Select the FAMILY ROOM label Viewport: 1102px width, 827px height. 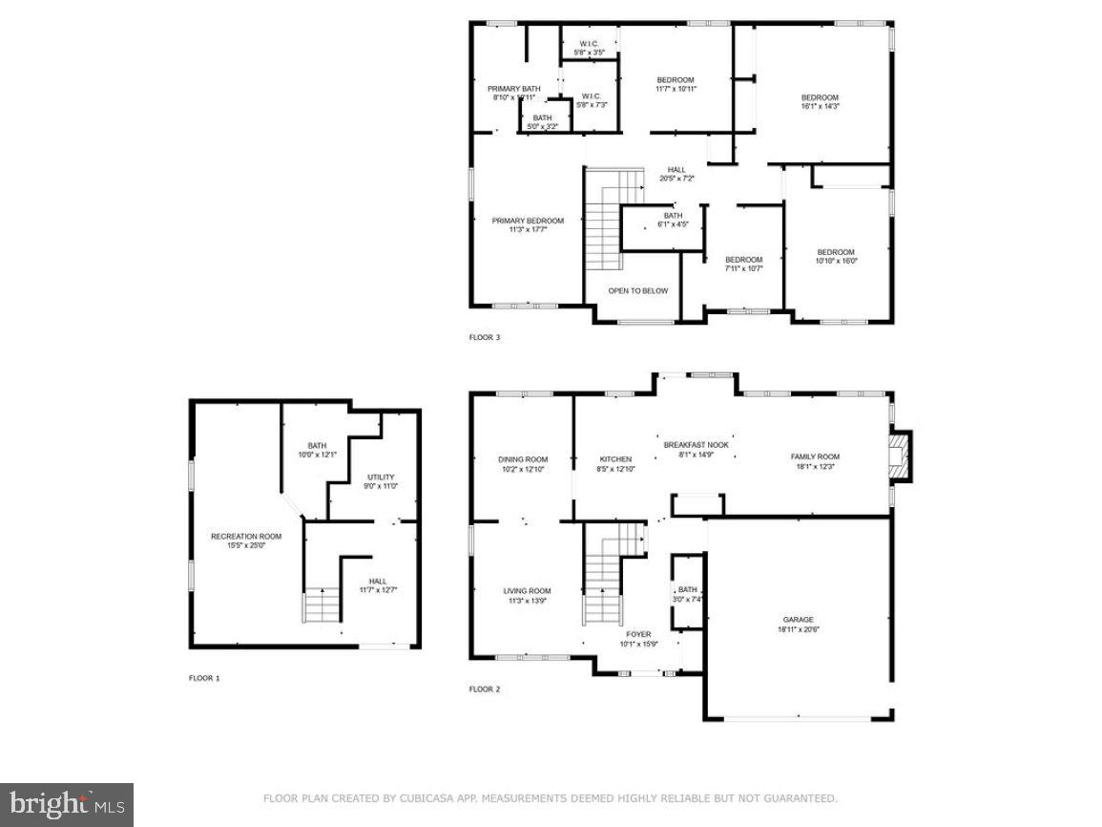point(815,456)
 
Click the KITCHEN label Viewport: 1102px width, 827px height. point(615,459)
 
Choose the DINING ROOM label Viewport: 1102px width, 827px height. point(523,459)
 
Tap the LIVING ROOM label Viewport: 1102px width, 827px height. point(528,591)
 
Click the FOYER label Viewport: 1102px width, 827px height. point(638,634)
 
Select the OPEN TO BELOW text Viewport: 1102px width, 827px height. point(638,290)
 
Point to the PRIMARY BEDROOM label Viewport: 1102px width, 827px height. point(528,221)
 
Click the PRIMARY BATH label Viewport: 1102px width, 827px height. point(514,88)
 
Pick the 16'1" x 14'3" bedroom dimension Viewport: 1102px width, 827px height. point(820,107)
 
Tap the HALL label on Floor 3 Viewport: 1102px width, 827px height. point(676,169)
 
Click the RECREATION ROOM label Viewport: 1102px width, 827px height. point(246,537)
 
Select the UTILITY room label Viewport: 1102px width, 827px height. point(381,477)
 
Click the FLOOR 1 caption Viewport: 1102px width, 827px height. point(204,678)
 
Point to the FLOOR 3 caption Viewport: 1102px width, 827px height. point(484,337)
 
